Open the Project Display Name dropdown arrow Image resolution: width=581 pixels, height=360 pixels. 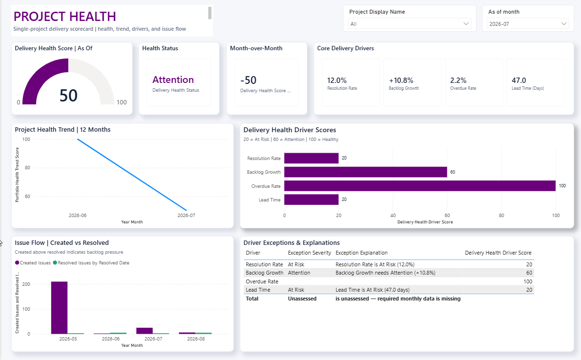[x=466, y=24]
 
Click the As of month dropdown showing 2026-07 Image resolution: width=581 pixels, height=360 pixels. [x=528, y=24]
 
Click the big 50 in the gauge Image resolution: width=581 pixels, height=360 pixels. [x=69, y=96]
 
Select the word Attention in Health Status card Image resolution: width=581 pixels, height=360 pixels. [x=173, y=80]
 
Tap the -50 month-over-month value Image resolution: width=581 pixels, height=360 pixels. [x=248, y=80]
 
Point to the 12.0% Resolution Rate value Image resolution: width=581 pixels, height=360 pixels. [x=337, y=80]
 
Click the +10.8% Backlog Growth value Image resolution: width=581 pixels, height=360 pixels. [x=401, y=80]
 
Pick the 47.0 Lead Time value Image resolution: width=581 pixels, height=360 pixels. [x=519, y=80]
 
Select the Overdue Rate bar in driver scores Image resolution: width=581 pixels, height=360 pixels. [x=420, y=186]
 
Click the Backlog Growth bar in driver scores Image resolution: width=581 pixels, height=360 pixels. [x=366, y=172]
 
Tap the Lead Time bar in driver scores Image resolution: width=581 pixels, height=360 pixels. [x=311, y=200]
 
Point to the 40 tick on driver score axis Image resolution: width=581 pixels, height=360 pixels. [x=393, y=215]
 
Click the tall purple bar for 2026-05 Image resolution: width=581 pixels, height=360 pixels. [x=60, y=308]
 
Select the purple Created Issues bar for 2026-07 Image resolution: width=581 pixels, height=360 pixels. [x=144, y=331]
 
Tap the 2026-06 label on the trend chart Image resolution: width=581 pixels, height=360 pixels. [x=78, y=215]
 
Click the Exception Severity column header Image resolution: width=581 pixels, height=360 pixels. [x=309, y=253]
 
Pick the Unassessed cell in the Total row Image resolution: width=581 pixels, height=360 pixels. [x=302, y=299]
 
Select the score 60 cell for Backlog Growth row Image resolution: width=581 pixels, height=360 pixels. [x=529, y=273]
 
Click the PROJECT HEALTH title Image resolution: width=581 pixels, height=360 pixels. [x=65, y=16]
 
